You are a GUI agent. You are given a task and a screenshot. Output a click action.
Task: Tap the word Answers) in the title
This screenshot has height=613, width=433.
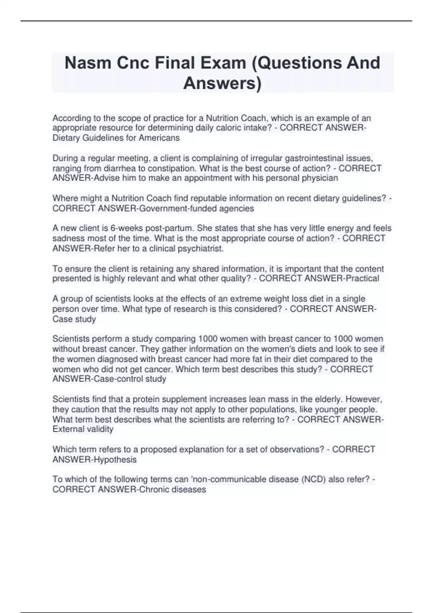pos(222,83)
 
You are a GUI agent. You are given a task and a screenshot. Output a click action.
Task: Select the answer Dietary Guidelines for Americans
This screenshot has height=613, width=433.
pos(116,138)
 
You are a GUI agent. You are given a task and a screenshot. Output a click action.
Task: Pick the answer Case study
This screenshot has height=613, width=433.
pos(74,319)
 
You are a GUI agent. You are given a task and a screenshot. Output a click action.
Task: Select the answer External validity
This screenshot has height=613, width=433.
pos(83,429)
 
